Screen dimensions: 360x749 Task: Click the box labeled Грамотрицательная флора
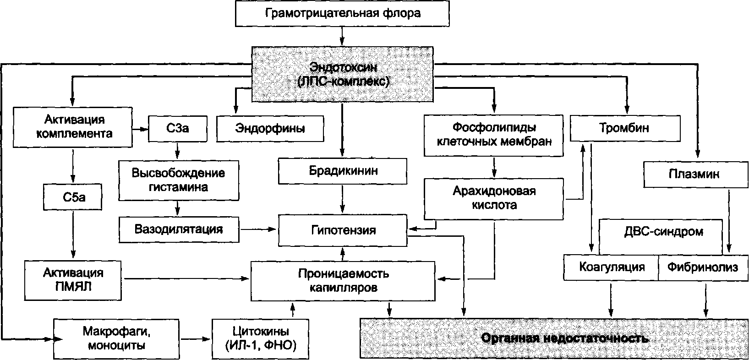click(x=342, y=13)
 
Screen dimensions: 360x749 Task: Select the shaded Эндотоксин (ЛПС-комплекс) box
click(x=342, y=74)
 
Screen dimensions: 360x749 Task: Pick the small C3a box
click(x=178, y=128)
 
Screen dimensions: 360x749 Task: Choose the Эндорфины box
click(x=270, y=128)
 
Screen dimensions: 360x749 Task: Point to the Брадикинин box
click(x=342, y=171)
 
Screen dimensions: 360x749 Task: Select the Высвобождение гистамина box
click(x=178, y=180)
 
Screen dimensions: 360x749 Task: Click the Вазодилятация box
click(x=179, y=229)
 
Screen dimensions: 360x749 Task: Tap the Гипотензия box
click(x=342, y=230)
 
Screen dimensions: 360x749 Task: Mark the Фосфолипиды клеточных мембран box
click(x=494, y=134)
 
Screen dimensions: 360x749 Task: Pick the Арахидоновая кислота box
click(x=494, y=198)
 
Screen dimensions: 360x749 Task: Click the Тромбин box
click(x=624, y=128)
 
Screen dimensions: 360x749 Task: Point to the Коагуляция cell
click(x=611, y=267)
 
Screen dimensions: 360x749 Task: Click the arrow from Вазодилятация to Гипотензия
click(x=258, y=229)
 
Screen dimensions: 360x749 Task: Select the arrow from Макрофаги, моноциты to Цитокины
click(x=196, y=339)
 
